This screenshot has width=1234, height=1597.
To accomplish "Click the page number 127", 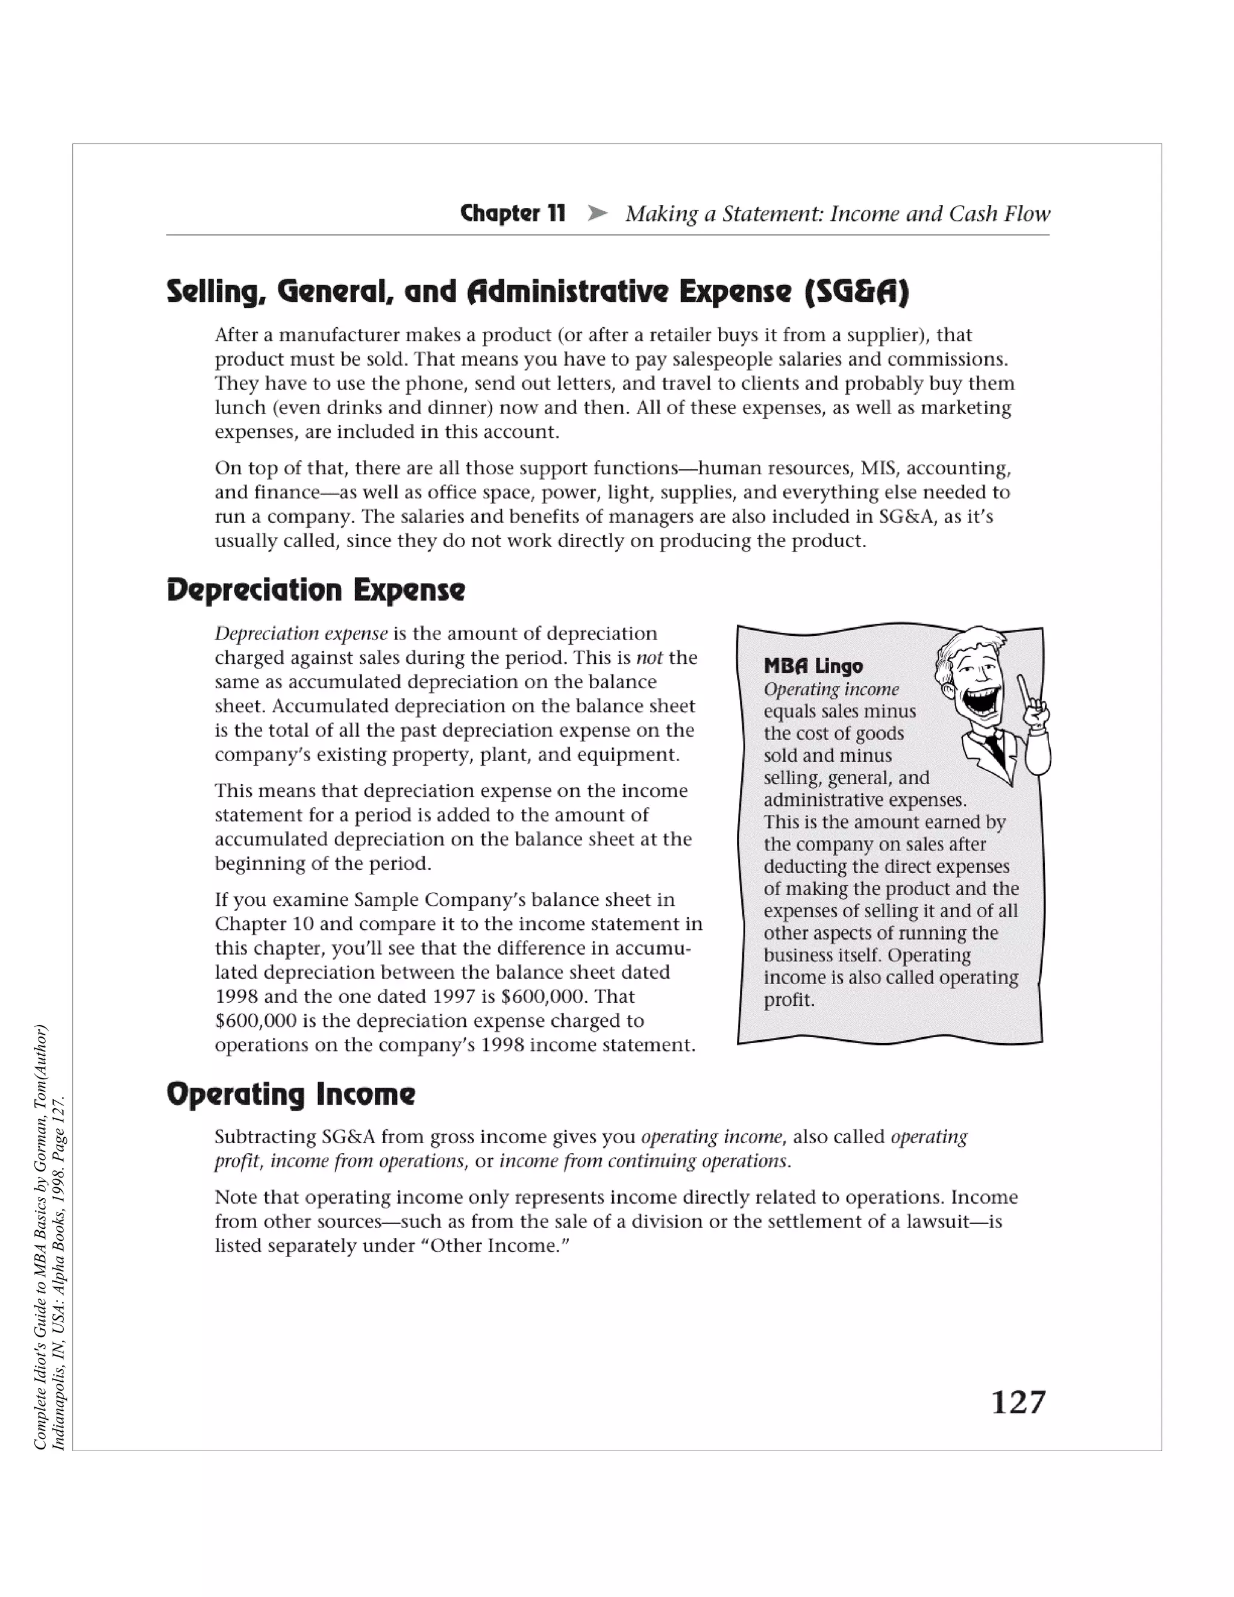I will tap(1018, 1402).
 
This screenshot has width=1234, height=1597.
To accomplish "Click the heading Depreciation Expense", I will tap(315, 590).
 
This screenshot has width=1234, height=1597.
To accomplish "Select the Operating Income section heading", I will tap(290, 1094).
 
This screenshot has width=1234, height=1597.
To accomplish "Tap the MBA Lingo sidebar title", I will tap(813, 666).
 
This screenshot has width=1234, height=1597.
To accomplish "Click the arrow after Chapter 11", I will tap(597, 213).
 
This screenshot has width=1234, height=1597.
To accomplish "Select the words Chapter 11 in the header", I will tap(513, 213).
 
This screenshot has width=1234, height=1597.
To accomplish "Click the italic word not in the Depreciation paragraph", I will tap(648, 657).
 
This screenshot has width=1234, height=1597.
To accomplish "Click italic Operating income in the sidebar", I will tap(831, 689).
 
